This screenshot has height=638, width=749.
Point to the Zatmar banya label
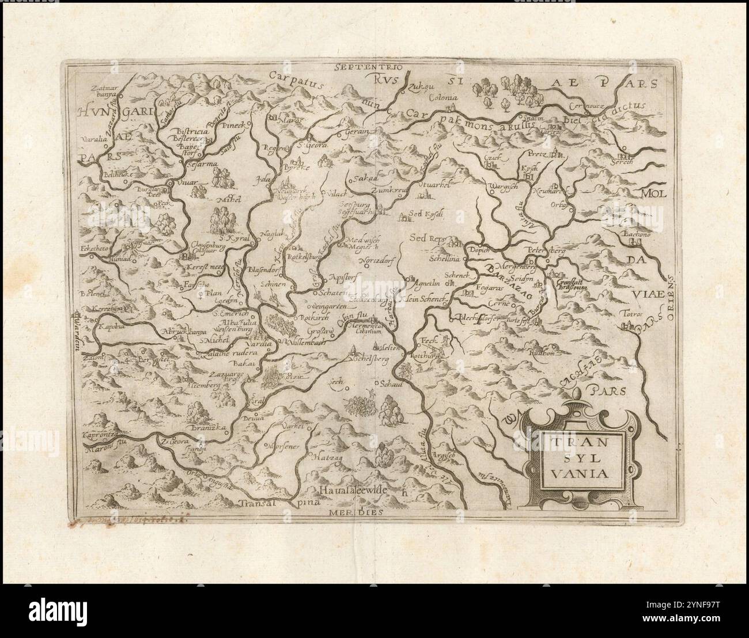107,92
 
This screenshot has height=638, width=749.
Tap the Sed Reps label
425,236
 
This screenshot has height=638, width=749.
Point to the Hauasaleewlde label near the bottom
355,490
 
